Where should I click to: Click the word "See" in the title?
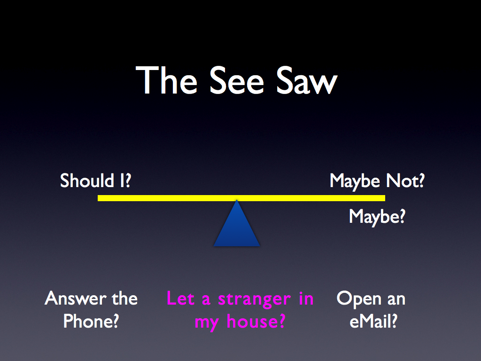(x=237, y=80)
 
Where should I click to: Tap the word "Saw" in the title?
(x=306, y=80)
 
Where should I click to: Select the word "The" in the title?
(x=166, y=80)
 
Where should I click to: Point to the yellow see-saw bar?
(x=241, y=198)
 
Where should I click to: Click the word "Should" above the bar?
(x=87, y=180)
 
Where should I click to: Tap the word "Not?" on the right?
(x=405, y=180)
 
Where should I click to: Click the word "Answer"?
(x=76, y=298)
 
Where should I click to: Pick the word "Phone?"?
(x=91, y=321)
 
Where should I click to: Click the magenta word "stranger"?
(x=254, y=299)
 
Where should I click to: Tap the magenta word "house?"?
(x=256, y=322)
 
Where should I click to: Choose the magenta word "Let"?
(x=181, y=298)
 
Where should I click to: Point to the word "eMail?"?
(x=373, y=321)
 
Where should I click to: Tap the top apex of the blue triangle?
(x=237, y=200)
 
